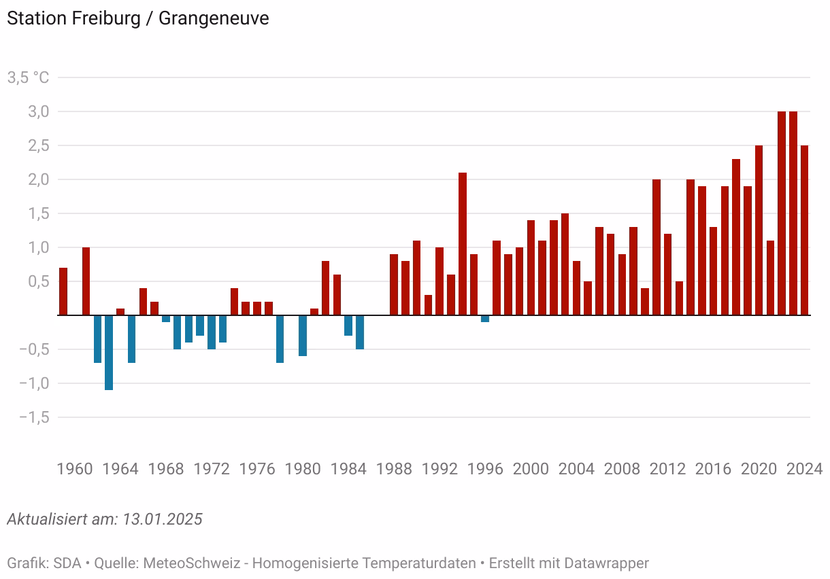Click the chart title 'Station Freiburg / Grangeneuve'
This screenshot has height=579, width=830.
(x=137, y=18)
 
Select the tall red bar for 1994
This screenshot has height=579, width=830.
(x=463, y=244)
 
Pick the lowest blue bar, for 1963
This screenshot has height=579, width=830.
(x=109, y=352)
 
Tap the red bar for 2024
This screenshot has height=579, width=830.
(x=804, y=230)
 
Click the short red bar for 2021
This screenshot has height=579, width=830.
(x=770, y=278)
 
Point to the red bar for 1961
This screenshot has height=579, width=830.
(x=86, y=281)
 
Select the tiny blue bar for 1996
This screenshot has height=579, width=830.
(x=485, y=319)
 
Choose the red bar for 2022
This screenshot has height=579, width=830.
(x=782, y=213)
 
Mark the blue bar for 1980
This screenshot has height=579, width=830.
(x=303, y=335)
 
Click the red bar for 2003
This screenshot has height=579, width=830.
(x=565, y=264)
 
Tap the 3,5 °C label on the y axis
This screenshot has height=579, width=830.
(x=28, y=77)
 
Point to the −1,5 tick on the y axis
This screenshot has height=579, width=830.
(x=34, y=417)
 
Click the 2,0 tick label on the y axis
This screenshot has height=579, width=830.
(x=37, y=179)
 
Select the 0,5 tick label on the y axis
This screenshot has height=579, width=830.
(x=37, y=281)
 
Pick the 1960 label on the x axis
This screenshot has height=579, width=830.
(x=75, y=469)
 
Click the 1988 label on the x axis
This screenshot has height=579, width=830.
(x=395, y=469)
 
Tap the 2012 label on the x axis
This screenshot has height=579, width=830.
(x=668, y=469)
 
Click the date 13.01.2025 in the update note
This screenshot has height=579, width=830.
(x=163, y=519)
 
